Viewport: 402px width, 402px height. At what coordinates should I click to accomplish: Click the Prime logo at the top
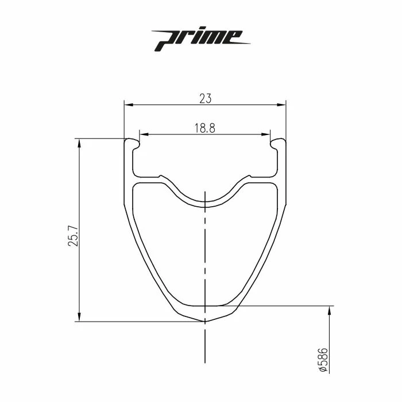[x=202, y=39]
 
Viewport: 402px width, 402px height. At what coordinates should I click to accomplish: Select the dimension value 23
[x=205, y=98]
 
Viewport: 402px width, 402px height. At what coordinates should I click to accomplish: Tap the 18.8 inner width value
[x=204, y=128]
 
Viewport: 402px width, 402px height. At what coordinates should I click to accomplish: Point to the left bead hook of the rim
[x=133, y=142]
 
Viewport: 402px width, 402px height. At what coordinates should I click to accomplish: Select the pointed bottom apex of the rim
[x=205, y=322]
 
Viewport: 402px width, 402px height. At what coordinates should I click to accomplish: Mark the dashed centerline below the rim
[x=205, y=345]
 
